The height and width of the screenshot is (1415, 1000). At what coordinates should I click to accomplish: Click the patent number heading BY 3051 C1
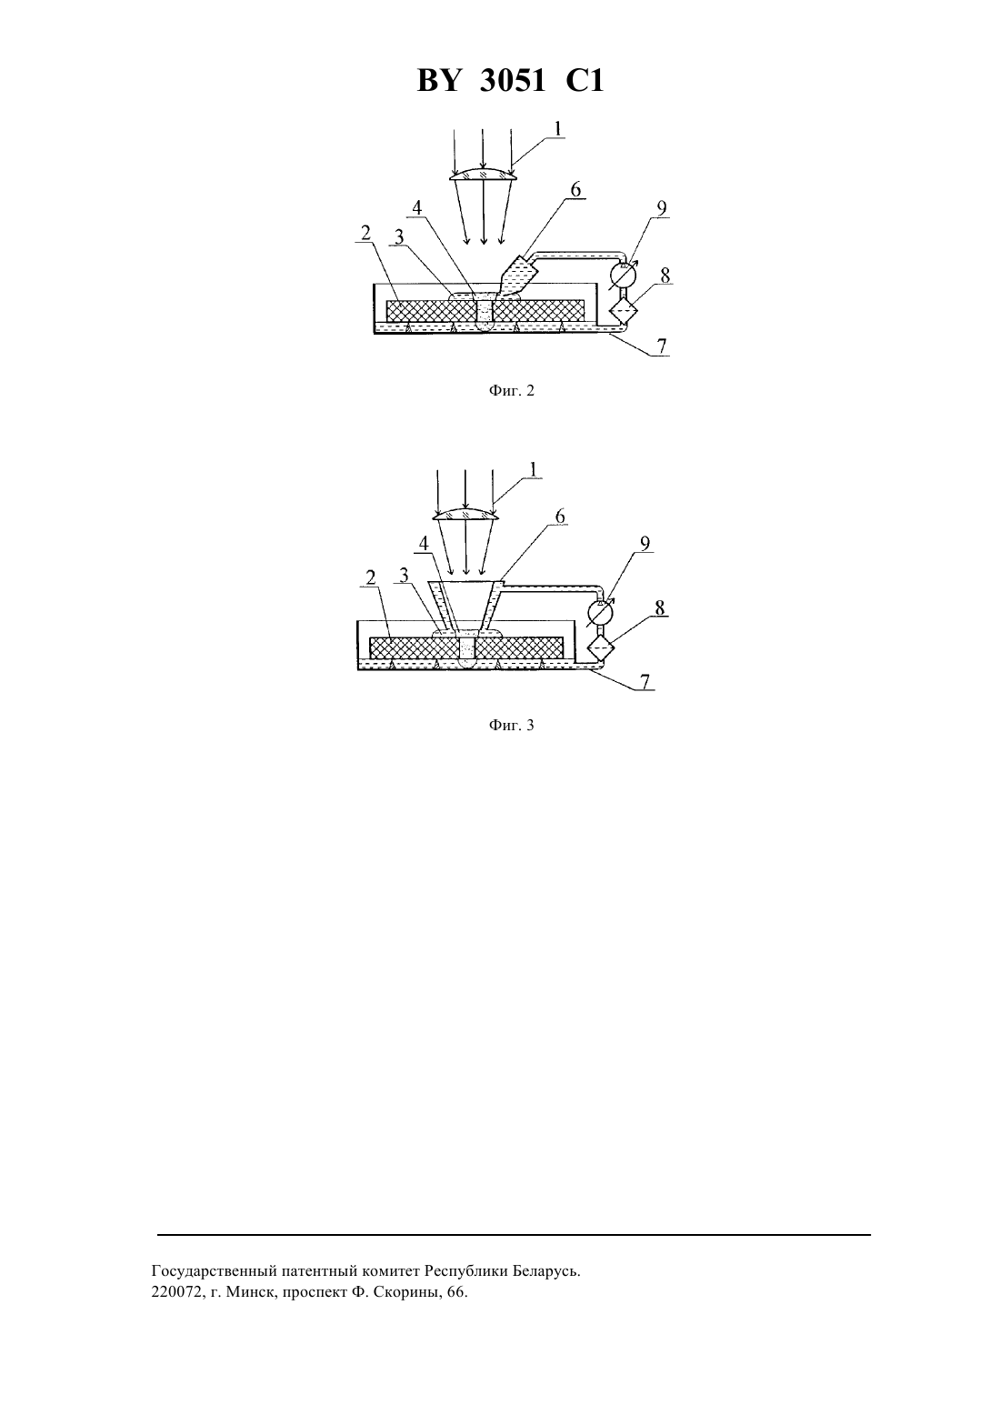(510, 82)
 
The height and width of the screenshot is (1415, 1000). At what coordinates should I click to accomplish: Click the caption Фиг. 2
(511, 391)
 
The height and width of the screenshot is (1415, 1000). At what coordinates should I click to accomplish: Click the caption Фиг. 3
(511, 725)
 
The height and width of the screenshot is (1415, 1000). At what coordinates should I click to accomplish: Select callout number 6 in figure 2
(575, 189)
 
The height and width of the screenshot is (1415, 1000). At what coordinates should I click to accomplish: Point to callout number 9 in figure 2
(662, 208)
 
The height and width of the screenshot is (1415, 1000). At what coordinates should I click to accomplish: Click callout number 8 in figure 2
(665, 276)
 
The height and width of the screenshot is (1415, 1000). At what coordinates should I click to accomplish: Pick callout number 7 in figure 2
(661, 346)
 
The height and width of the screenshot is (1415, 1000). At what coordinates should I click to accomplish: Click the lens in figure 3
(465, 514)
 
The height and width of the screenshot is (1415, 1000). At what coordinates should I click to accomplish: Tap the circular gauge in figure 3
(599, 612)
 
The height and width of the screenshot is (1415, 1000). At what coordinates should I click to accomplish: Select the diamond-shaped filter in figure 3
(600, 647)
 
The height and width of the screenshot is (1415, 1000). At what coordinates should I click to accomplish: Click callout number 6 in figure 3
(559, 517)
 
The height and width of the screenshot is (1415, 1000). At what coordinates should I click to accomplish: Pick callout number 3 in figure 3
(404, 575)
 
